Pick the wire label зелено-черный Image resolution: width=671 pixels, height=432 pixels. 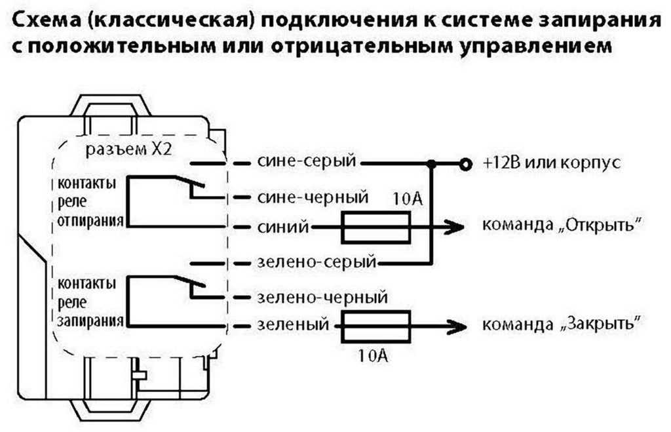[x=319, y=297]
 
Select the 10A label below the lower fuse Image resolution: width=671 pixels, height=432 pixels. [x=375, y=356]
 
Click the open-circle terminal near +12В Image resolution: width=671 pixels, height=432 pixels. [x=465, y=164]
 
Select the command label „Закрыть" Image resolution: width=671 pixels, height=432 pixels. [x=561, y=325]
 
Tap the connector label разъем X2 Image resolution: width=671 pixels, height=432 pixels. [x=129, y=149]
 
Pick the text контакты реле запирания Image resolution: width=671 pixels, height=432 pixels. [x=89, y=302]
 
